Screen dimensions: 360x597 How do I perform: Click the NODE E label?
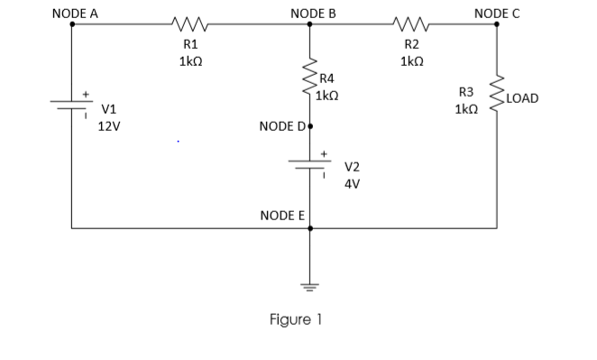pos(282,216)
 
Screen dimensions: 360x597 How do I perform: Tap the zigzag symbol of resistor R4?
pos(310,84)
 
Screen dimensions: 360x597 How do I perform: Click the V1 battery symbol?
pos(72,104)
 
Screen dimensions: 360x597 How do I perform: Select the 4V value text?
pos(352,183)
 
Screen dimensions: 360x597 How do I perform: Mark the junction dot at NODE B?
pos(310,25)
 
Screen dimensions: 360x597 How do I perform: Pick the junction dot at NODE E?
pos(310,229)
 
